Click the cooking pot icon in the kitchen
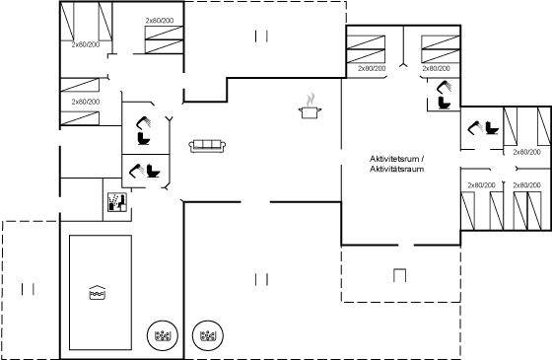[310, 112]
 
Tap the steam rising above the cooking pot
[310, 100]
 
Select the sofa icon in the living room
[207, 146]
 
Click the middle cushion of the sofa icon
[207, 145]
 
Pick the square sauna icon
[117, 202]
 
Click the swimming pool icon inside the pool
[98, 292]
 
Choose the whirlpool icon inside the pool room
[163, 335]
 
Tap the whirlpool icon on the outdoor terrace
[208, 335]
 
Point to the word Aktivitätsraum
[396, 169]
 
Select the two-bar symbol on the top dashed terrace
[261, 36]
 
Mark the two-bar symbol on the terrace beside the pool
[28, 289]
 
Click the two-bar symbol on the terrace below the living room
[261, 279]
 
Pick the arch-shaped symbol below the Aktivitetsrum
[399, 275]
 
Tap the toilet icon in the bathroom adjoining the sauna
[153, 172]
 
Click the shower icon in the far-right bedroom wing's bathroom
[473, 127]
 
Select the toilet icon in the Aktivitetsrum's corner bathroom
[445, 103]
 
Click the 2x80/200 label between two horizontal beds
[86, 102]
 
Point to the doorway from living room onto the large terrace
[255, 202]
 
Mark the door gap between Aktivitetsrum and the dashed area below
[406, 245]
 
